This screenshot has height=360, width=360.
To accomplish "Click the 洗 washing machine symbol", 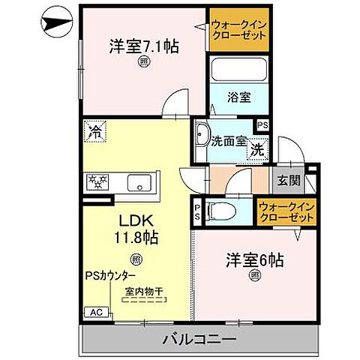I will coord(256,148).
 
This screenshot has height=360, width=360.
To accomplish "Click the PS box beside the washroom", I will coord(263,125).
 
